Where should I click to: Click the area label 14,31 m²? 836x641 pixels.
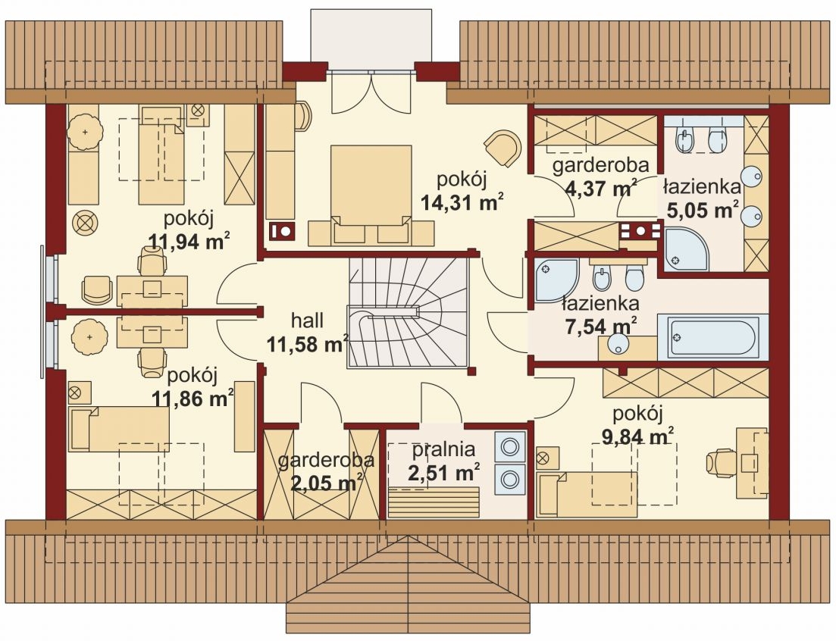pos(462,202)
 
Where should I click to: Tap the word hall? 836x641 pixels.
pos(307,320)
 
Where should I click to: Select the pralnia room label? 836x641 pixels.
pos(443,450)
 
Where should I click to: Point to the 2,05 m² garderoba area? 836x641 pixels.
pos(327,483)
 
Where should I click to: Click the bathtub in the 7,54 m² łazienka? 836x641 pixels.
pos(713,337)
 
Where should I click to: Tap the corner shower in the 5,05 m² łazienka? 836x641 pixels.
pos(687,249)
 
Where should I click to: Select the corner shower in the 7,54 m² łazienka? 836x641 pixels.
pos(557,280)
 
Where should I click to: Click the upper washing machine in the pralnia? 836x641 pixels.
pos(510,446)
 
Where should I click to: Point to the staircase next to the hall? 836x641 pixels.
pos(407,313)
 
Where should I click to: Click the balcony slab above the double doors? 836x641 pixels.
pos(371,39)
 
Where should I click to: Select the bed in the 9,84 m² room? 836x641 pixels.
pos(587,495)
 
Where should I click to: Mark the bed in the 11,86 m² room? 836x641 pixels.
pos(119,429)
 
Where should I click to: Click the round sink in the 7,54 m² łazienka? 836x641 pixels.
pos(618,343)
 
